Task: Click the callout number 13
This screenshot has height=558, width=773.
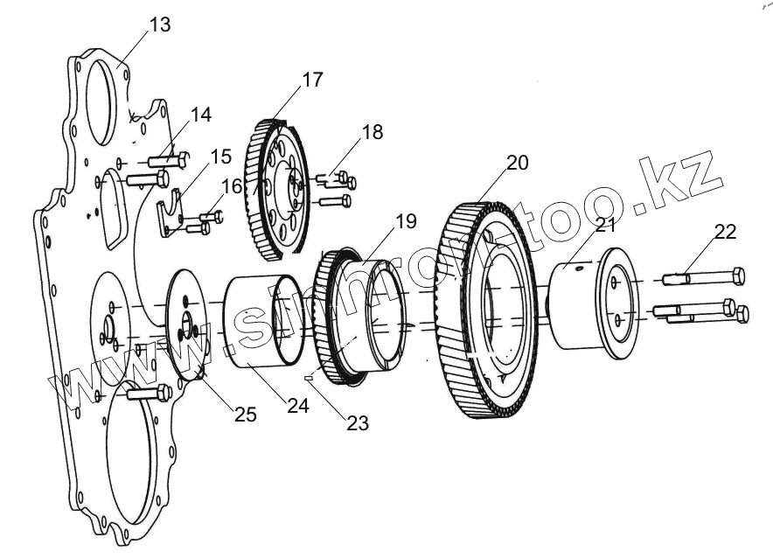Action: point(160,24)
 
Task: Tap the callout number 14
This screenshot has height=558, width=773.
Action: point(200,115)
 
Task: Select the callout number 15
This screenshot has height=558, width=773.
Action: point(220,157)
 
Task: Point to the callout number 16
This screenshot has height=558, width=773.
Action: point(231,185)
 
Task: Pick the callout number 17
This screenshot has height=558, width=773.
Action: point(312,80)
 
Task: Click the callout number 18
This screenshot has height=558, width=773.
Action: point(372,132)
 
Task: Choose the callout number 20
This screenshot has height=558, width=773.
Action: point(517,162)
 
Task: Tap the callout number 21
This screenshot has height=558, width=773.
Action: point(606,224)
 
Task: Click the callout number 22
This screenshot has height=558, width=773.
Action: point(725,232)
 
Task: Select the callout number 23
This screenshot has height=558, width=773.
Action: point(357,423)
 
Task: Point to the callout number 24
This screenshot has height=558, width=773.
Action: point(297,406)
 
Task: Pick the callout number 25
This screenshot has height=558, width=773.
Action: point(246,414)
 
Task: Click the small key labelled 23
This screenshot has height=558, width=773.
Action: point(309,378)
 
